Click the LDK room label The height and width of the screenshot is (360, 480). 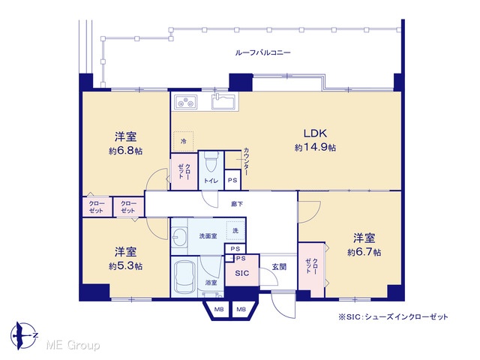pos(315,133)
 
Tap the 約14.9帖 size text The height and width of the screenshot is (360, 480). pos(315,148)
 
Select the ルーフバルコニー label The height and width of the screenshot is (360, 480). pos(263,52)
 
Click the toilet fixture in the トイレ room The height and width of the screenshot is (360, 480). pos(210,161)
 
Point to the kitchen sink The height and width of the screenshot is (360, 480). pos(224,102)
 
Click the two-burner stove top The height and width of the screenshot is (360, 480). pos(186,102)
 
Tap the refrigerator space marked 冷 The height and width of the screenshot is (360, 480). pos(184,141)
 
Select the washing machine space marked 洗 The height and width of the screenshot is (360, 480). pos(235,230)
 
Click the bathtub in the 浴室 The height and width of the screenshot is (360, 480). pos(184,277)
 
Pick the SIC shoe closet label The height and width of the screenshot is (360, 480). pos(241,273)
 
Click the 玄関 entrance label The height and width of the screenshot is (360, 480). pos(279,267)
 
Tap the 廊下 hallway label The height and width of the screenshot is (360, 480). pos(237,204)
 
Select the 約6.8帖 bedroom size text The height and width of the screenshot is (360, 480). pos(126,151)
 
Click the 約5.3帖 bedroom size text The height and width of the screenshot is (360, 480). pos(126,266)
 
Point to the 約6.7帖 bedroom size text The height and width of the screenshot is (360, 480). pos(364,253)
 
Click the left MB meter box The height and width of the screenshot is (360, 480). pos(219,310)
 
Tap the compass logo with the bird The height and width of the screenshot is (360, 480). pos(24,336)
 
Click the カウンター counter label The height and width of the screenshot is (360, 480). pos(246,162)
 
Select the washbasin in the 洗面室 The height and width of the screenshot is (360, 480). pos(179,237)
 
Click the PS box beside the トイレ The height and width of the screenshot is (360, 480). pos(232,180)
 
